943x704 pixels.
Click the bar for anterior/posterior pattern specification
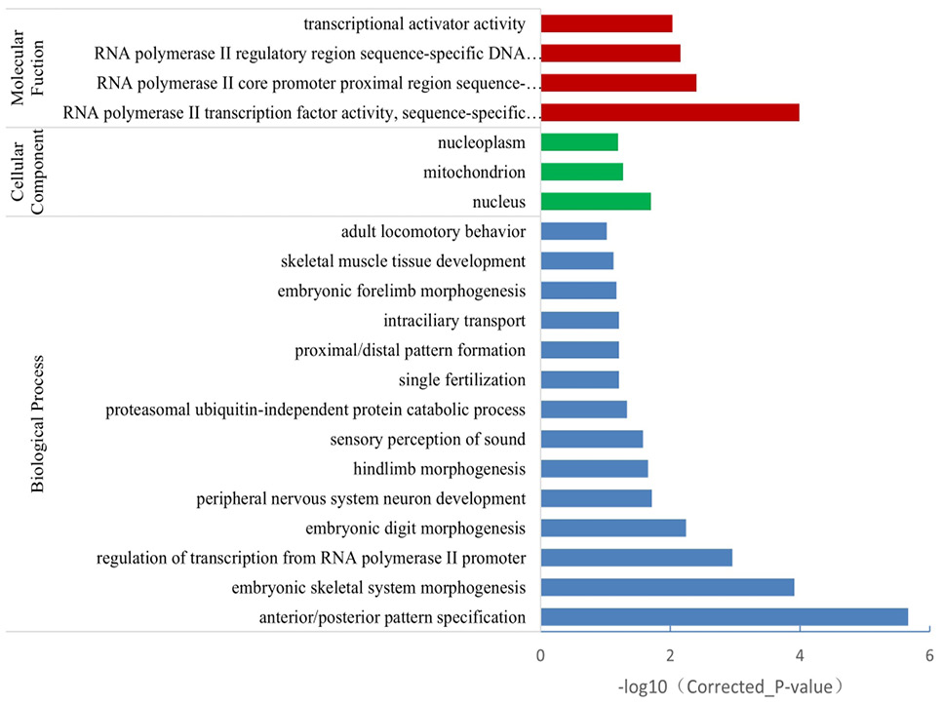click(x=725, y=617)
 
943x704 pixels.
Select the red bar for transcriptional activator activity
click(x=607, y=23)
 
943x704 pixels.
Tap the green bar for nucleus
click(x=596, y=202)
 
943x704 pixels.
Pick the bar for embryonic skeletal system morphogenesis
click(x=667, y=587)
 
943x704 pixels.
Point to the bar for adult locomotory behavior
click(x=573, y=231)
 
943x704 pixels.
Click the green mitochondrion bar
click(x=581, y=172)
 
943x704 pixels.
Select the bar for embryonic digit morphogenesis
click(x=612, y=528)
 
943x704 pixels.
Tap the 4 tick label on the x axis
click(x=800, y=655)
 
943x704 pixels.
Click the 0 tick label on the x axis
click(x=540, y=655)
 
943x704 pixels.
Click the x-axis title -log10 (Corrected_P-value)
click(x=731, y=686)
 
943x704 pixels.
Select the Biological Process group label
click(x=37, y=424)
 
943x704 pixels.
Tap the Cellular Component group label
click(x=27, y=172)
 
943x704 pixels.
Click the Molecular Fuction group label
click(x=27, y=67)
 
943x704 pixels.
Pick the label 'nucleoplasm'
click(x=481, y=143)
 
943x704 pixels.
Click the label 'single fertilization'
click(x=462, y=380)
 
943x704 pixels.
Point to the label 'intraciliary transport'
click(x=454, y=321)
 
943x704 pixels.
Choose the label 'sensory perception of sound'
click(x=427, y=440)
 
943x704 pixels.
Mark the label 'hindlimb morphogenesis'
click(x=439, y=469)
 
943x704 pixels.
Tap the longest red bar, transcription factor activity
click(x=670, y=112)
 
